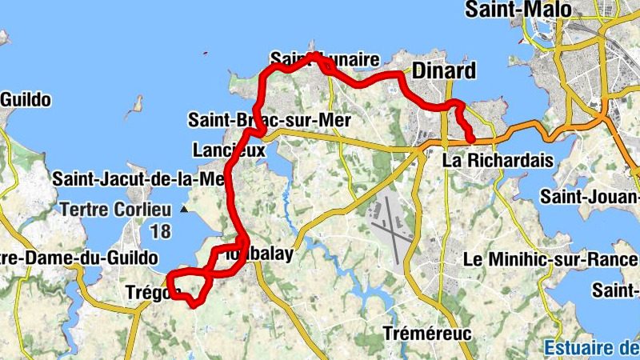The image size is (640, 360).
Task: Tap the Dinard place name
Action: click(x=443, y=70)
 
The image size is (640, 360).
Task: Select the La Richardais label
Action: click(x=498, y=161)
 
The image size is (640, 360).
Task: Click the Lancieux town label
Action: click(x=228, y=150)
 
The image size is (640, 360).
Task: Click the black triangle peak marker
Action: click(x=185, y=210)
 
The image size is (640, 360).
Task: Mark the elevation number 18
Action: click(x=160, y=232)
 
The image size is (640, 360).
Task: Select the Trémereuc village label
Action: click(x=427, y=333)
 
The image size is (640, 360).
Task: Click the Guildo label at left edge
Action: click(x=26, y=100)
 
